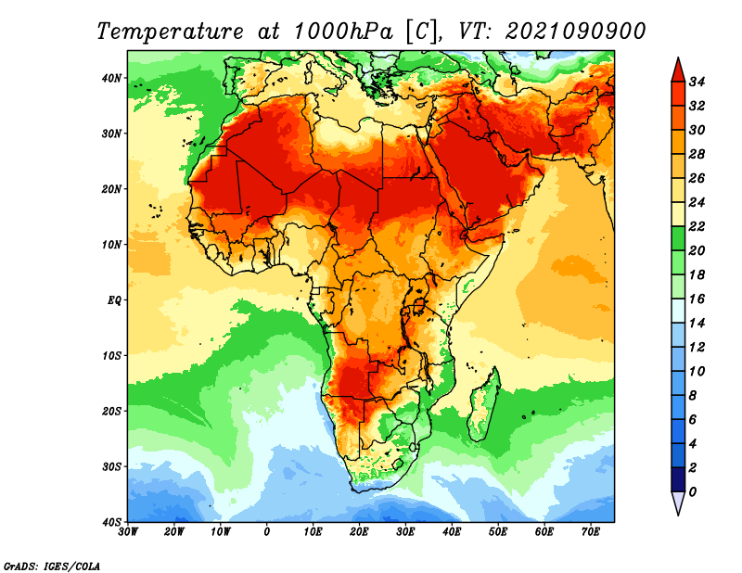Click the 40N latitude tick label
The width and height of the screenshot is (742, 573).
point(111,78)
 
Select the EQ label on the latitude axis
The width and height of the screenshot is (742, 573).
point(114,300)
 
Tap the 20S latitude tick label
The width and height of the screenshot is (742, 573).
point(111,411)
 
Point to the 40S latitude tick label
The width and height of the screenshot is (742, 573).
point(111,522)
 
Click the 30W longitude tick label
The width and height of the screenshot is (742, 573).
point(128,532)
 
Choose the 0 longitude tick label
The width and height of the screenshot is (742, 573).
point(267,532)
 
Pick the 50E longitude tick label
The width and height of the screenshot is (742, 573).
point(498,532)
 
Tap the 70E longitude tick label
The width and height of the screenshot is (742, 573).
point(590,532)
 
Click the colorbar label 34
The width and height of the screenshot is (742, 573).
point(697,82)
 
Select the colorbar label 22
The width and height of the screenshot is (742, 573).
point(697,226)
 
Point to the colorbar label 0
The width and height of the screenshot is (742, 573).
point(693,492)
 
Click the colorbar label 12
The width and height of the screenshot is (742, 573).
point(697,348)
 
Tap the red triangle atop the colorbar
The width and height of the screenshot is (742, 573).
point(678,71)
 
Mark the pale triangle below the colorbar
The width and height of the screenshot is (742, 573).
point(678,503)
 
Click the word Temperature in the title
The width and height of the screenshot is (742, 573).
point(171,32)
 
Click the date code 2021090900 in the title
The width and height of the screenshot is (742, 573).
point(575,32)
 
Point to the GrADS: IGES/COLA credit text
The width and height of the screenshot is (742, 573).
point(52,566)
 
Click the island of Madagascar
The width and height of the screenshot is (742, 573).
point(483,406)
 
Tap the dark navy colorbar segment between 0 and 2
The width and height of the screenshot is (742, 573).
point(678,479)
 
